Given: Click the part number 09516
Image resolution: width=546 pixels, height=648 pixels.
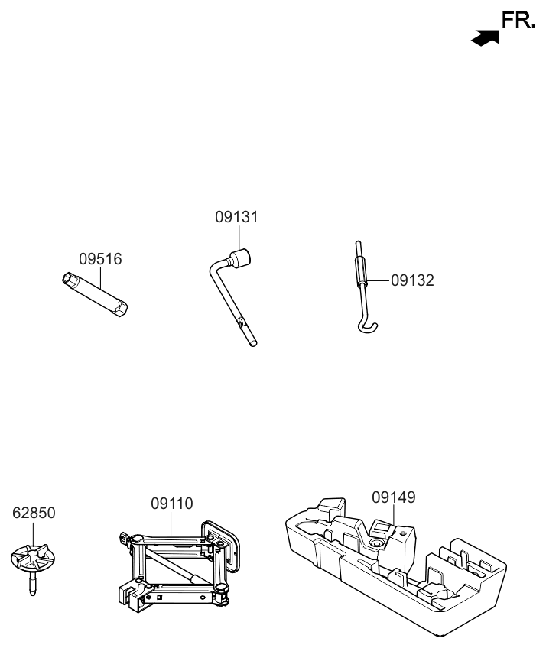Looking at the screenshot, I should [x=100, y=259].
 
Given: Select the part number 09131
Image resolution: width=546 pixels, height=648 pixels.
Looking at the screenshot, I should [x=236, y=217].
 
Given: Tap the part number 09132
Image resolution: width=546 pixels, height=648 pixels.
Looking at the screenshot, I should [x=412, y=280].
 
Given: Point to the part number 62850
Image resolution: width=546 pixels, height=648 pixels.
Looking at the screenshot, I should [x=34, y=513].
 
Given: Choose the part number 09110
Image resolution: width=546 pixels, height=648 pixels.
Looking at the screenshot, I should [x=171, y=504].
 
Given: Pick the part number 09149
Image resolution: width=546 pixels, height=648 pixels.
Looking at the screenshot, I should [x=394, y=497].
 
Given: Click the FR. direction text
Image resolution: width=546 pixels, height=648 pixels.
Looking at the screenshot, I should [x=518, y=21].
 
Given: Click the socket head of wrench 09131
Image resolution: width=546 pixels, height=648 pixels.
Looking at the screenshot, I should [x=244, y=258].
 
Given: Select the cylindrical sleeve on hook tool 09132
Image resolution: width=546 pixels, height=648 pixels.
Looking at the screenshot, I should [x=361, y=271].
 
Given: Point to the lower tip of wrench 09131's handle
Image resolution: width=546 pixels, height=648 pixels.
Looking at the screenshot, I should [x=253, y=343].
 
